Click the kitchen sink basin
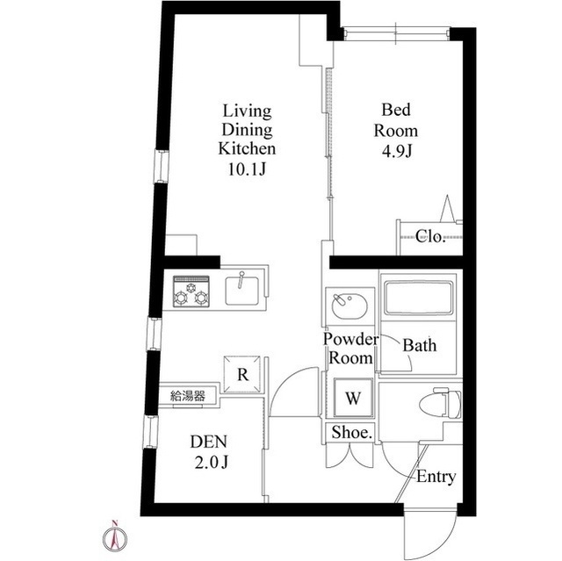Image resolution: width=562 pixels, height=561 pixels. coord(241,291)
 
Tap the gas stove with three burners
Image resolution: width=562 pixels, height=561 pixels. coord(191,291)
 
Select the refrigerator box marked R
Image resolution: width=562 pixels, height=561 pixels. coord(242,374)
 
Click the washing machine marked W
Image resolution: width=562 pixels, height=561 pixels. coord(353,398)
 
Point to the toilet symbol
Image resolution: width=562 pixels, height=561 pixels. coord(447,403)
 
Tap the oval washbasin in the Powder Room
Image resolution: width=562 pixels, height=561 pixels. coord(349,306)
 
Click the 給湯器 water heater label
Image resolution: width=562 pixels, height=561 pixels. coord(188,396)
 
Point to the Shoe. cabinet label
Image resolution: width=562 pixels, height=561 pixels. coord(352,433)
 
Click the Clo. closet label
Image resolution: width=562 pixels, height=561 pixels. coord(430,236)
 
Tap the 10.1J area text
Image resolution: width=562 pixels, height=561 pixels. coord(247,169)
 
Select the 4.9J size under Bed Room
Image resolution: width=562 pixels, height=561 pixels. coord(396,152)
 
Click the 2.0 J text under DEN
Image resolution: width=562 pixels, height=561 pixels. coord(211,463)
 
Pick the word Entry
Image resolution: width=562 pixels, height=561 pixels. coord(436,477)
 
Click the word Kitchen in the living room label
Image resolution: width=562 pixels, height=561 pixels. coord(247,148)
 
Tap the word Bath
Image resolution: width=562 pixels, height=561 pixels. coord(420,345)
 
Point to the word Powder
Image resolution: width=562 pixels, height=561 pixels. coord(350,339)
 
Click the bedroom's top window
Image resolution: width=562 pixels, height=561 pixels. coord(396,33)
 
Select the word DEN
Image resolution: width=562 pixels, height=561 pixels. coord(209,442)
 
